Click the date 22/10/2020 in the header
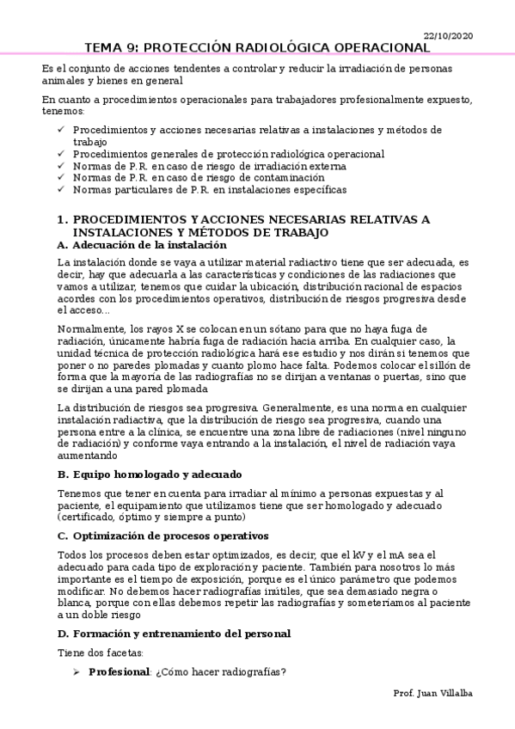coord(449,35)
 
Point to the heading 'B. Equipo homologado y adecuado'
coord(149,475)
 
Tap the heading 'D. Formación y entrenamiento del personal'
coord(174,634)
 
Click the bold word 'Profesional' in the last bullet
coord(119,671)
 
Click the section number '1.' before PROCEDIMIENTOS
coord(62,220)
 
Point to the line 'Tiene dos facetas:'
coord(92,652)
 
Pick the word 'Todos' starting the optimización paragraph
coord(70,555)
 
